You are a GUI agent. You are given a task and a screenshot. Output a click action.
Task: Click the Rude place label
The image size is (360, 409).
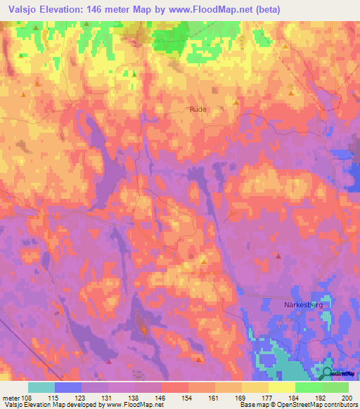198,109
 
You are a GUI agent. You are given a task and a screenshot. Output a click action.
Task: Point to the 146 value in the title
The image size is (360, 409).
109,10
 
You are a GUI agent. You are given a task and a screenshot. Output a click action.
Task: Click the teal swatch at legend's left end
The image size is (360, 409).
41,387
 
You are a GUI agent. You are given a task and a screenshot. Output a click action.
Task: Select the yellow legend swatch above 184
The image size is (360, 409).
281,387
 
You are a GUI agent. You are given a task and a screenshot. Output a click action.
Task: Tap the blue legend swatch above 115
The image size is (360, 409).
68,387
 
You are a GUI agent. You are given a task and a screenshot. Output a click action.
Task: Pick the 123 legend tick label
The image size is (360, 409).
81,398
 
